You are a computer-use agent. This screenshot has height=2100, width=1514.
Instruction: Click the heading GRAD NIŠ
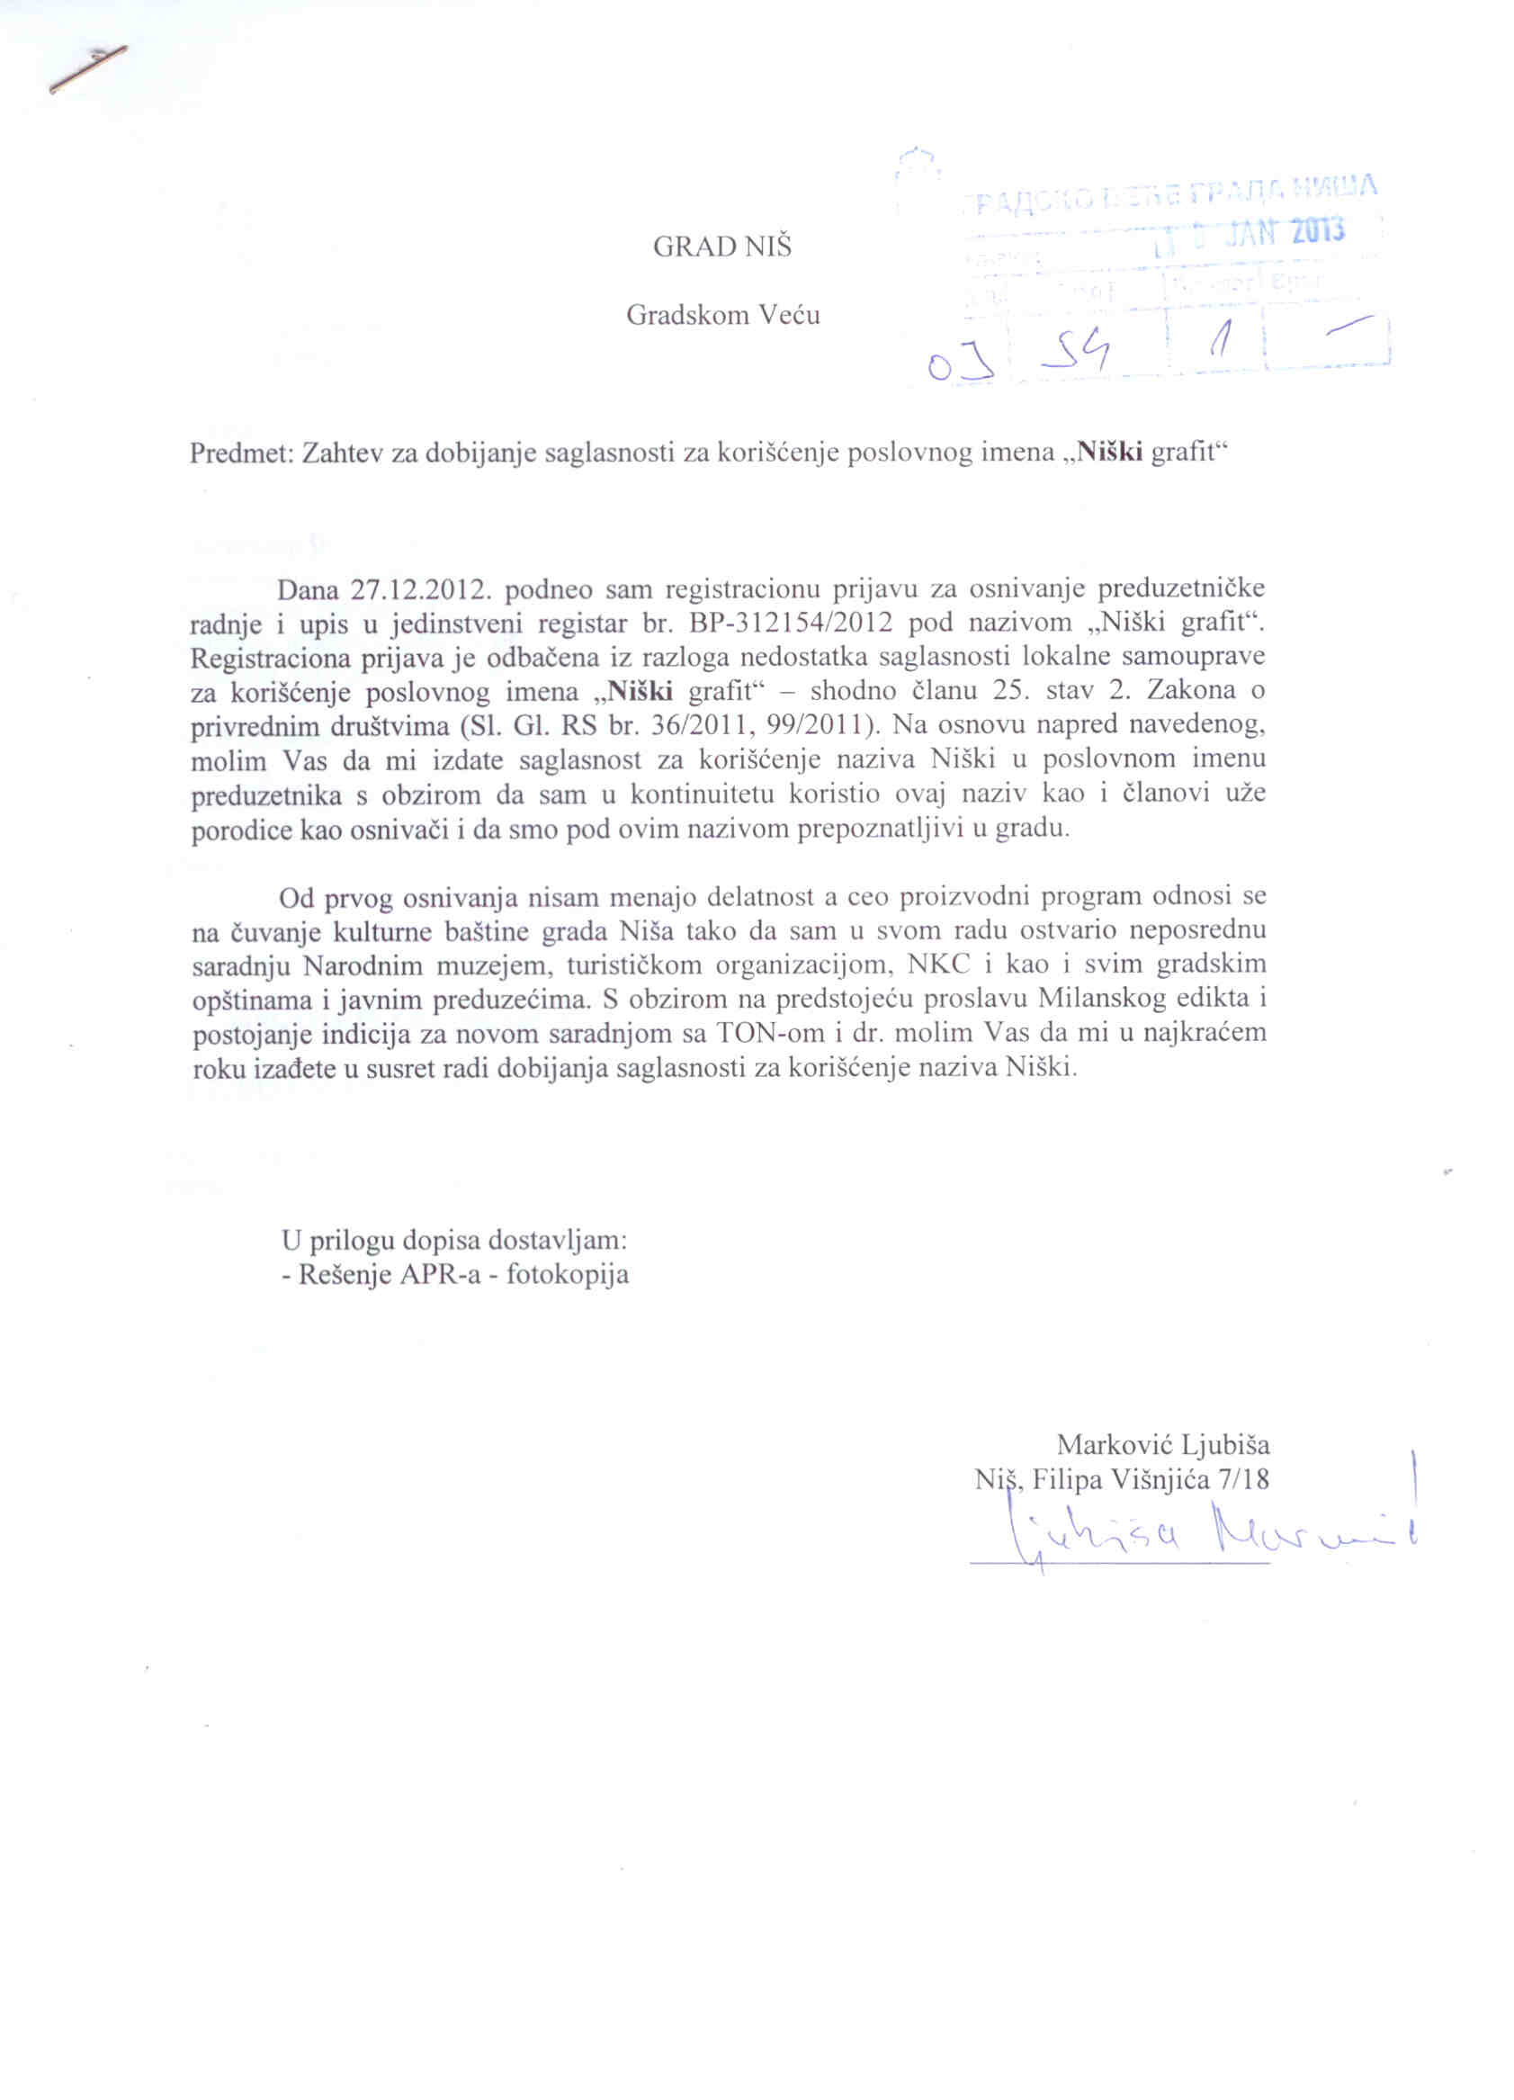click(x=722, y=247)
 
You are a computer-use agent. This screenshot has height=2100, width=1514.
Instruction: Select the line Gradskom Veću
click(x=722, y=316)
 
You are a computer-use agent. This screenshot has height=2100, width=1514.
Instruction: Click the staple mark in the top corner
click(x=88, y=70)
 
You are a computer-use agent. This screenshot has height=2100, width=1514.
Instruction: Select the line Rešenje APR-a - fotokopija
click(x=453, y=1274)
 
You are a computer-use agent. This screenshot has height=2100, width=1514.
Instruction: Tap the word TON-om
click(x=769, y=1033)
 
